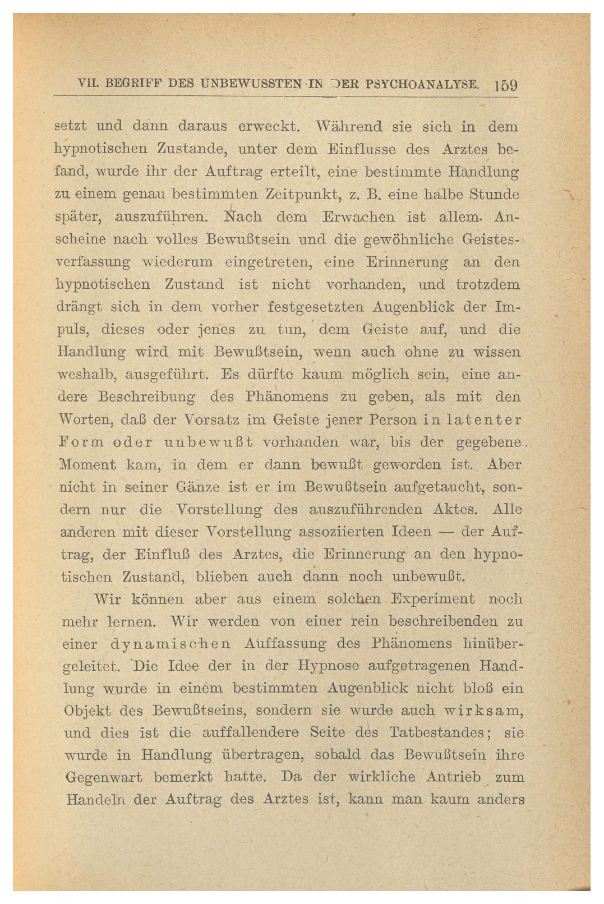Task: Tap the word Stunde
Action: click(x=495, y=194)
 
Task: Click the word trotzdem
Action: click(x=488, y=284)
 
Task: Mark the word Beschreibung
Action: click(x=146, y=398)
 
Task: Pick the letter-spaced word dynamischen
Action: click(x=169, y=644)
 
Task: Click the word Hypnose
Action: click(x=326, y=666)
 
